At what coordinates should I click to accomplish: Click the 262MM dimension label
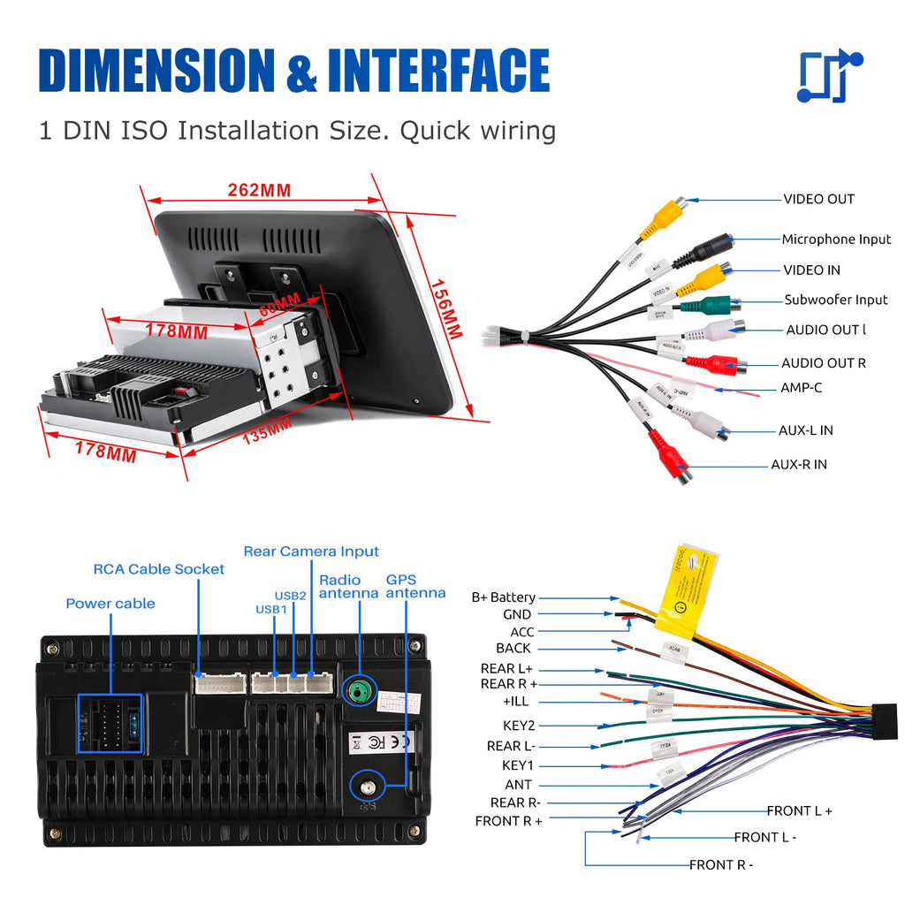[259, 190]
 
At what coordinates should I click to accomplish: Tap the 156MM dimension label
[447, 309]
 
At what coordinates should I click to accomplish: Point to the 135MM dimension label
[267, 430]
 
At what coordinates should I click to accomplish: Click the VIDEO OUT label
[818, 200]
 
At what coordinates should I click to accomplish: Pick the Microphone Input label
[836, 240]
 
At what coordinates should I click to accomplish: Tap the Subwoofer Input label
[836, 300]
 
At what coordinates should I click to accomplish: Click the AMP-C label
[801, 388]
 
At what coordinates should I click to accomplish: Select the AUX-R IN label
[798, 465]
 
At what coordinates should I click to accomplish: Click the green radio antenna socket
[357, 690]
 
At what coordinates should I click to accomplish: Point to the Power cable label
[110, 604]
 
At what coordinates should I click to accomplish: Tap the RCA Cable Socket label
[159, 569]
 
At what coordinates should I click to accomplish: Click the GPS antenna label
[415, 587]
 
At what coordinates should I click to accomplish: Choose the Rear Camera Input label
[311, 551]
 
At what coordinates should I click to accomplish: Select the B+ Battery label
[503, 598]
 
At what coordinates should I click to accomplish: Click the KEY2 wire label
[519, 726]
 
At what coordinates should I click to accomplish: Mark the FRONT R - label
[721, 865]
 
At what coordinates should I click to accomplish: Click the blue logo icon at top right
[829, 77]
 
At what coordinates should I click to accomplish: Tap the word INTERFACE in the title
[438, 71]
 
